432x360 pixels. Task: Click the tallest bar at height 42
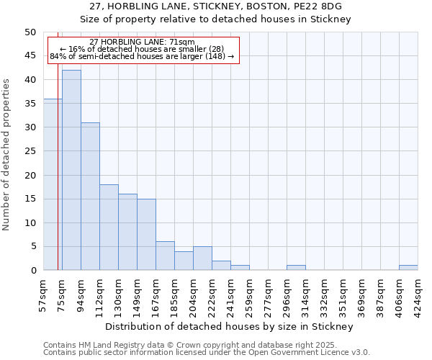coord(71,170)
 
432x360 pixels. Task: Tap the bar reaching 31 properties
coord(90,196)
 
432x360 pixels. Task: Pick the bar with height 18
coord(109,227)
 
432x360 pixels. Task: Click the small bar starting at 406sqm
coord(408,268)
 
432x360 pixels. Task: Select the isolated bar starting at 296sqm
coord(296,268)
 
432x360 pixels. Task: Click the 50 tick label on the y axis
coord(30,32)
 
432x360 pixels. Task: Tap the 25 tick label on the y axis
coord(30,151)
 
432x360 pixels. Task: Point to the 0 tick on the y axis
coord(32,271)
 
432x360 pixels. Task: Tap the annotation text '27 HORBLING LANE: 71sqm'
coord(142,42)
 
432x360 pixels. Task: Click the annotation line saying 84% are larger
coord(142,56)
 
